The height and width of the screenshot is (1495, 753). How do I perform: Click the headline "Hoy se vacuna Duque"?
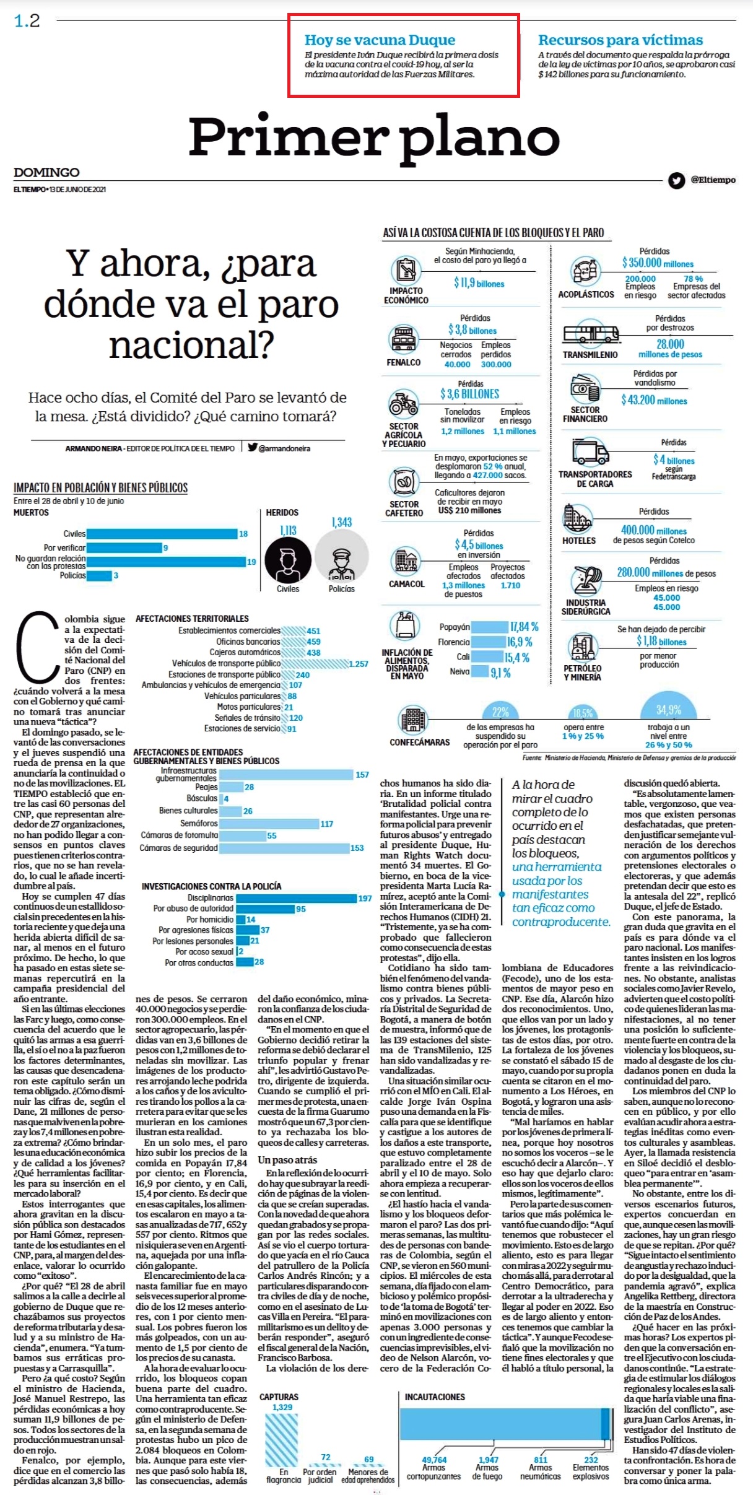380,40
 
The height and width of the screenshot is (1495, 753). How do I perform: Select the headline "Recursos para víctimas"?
620,40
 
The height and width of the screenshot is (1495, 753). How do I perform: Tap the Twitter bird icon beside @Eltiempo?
676,180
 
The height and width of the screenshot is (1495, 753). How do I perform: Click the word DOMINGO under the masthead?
46,172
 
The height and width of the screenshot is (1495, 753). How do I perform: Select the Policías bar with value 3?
99,575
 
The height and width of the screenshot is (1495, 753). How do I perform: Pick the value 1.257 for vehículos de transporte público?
359,664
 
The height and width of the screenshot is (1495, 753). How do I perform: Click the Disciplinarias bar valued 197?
296,898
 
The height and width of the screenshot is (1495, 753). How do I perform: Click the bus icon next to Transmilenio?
591,334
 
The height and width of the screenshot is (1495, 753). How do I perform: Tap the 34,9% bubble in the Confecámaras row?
669,710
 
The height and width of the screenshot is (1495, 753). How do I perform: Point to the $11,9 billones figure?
479,283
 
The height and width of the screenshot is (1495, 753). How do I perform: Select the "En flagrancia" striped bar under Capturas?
282,1441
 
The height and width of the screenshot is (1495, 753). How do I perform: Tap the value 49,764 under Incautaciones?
434,1460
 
